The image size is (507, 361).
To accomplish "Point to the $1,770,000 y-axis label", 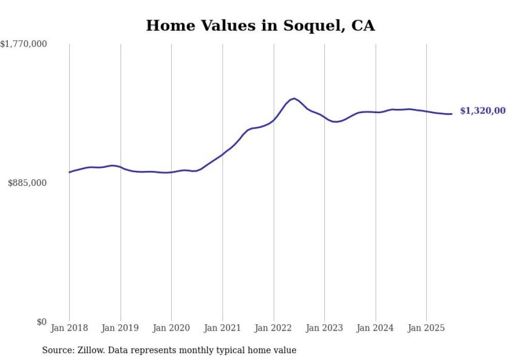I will pos(24,44).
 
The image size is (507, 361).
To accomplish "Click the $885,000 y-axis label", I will pos(27,183).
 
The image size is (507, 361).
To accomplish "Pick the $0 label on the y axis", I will pos(41,322).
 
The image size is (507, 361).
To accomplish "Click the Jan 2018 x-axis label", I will pos(69,328).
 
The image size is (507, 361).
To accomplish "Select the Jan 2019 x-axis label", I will pos(121,328).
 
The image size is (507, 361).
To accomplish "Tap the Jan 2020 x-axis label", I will pos(171,328).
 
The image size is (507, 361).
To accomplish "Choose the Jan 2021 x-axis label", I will pos(222,328).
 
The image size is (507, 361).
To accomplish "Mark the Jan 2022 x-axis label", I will pos(274,328).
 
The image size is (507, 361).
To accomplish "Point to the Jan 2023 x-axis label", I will pos(324,328).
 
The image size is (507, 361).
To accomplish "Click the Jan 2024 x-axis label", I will pos(376,328).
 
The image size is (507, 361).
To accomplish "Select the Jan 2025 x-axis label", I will pos(426,328).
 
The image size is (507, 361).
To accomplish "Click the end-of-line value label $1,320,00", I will pos(482,111).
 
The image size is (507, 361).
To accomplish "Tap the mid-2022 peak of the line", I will pos(294,98).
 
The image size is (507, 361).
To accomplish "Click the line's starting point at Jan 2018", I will pos(69,172).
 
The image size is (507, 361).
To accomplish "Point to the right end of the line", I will pos(452,114).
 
